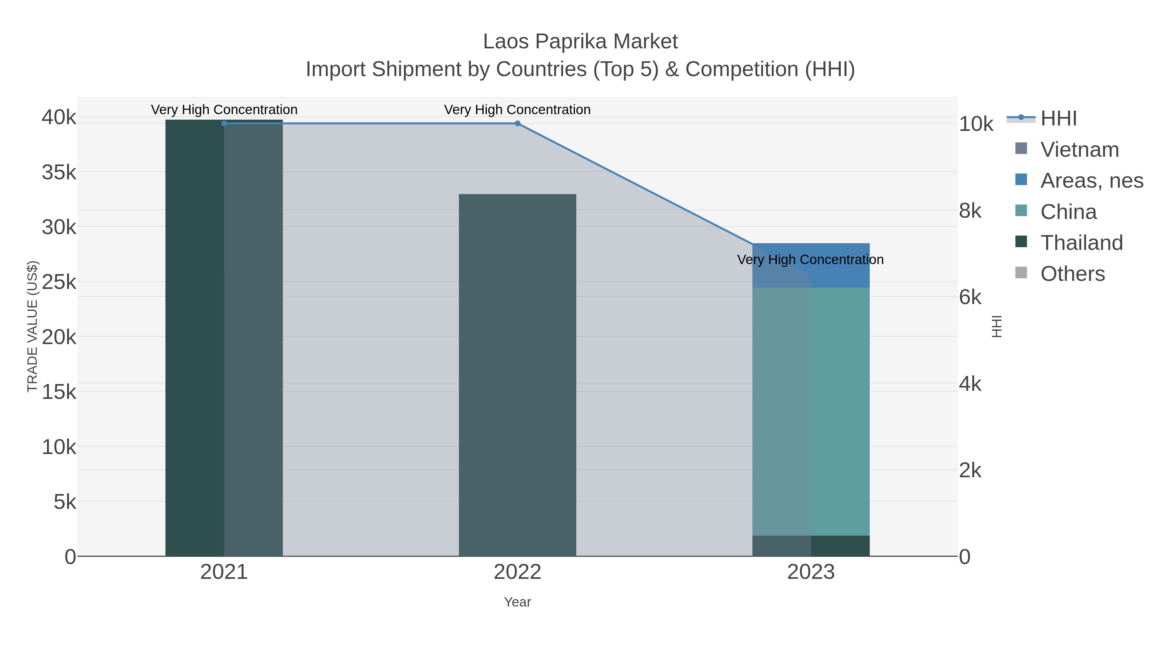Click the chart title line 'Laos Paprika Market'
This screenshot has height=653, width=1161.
[x=580, y=42]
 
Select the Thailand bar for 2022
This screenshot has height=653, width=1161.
[x=517, y=374]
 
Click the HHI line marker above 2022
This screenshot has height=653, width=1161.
[x=517, y=124]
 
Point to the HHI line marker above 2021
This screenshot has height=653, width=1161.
[x=224, y=124]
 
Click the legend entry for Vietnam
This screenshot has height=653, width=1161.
[x=1079, y=150]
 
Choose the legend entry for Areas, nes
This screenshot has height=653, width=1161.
[x=1091, y=181]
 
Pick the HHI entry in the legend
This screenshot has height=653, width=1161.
[x=1058, y=119]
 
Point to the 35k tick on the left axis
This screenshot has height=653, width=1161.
[x=59, y=172]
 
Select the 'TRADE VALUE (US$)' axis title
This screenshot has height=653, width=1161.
[x=33, y=326]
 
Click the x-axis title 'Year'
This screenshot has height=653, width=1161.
[x=517, y=602]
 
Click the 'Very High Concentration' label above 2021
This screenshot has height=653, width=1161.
[x=224, y=110]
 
